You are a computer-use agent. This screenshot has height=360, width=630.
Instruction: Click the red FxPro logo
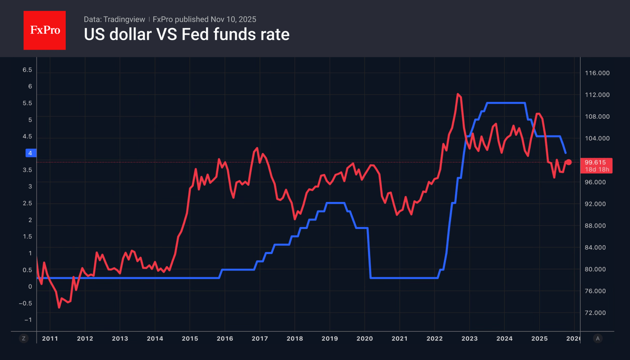(x=44, y=30)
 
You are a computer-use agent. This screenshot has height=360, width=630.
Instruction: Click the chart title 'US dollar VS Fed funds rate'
(x=187, y=35)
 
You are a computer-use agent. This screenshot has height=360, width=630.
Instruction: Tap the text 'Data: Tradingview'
(x=114, y=19)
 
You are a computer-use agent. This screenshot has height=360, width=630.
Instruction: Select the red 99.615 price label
(x=595, y=162)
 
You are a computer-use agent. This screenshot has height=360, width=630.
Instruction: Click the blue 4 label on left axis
(x=30, y=153)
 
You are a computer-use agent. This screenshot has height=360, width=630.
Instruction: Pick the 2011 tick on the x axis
(x=50, y=339)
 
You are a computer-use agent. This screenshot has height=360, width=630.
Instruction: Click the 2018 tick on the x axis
(x=294, y=339)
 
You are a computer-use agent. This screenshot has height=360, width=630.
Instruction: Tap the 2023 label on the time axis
(x=469, y=339)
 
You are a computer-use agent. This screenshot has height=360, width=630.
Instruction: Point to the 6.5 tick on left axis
(x=27, y=70)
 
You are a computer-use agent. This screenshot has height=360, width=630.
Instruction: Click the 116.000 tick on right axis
(x=598, y=73)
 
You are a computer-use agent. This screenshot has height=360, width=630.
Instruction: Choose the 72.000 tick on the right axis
(x=598, y=313)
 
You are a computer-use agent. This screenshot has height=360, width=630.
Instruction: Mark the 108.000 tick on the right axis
(x=598, y=116)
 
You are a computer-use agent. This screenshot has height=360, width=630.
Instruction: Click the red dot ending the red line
(x=569, y=162)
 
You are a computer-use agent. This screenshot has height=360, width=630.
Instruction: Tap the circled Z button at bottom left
(x=24, y=339)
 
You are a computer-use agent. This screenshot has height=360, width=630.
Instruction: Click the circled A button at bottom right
(x=598, y=339)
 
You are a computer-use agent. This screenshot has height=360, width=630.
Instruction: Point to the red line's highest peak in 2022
(x=458, y=94)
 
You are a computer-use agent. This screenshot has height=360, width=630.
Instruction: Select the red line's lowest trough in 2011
(x=59, y=307)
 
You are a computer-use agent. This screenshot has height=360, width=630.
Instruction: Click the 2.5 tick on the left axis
(x=27, y=203)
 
